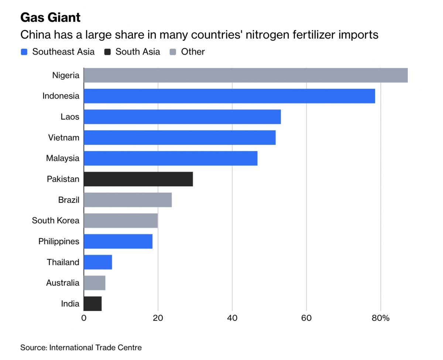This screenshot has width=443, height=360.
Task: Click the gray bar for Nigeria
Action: [245, 75]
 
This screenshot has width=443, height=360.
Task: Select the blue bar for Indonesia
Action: [229, 96]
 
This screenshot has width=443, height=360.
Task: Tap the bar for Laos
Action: [182, 117]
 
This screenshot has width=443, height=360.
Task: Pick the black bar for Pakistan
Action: [138, 179]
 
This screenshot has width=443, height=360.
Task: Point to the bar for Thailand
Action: [98, 262]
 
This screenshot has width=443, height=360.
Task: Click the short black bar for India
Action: [93, 304]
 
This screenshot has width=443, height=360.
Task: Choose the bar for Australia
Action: [95, 283]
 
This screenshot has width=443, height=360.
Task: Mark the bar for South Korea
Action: [121, 221]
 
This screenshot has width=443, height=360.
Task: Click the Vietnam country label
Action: [63, 138]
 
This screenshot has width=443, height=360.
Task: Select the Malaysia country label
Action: [62, 158]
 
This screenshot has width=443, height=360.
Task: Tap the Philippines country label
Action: [59, 242]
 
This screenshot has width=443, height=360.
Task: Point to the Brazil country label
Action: [69, 200]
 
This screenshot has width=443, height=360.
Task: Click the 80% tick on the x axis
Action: [381, 318]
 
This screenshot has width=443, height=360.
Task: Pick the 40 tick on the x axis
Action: [232, 318]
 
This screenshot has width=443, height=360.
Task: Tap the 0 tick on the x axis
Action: [84, 318]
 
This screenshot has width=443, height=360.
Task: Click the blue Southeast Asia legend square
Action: [24, 52]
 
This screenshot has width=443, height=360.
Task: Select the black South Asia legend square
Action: [107, 52]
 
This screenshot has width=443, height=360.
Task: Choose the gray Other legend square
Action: [173, 52]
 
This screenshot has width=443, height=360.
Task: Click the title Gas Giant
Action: [50, 17]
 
